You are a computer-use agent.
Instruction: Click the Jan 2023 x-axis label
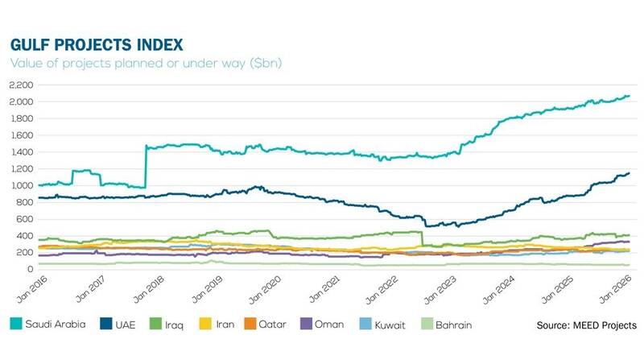pyautogui.click(x=440, y=291)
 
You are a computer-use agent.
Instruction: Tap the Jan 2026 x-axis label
pyautogui.click(x=618, y=291)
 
